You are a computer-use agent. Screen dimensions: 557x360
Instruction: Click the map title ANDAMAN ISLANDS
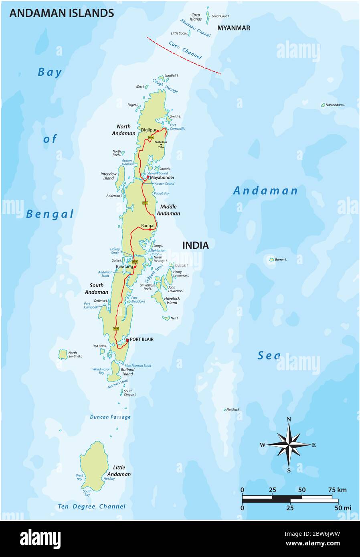pos(61,13)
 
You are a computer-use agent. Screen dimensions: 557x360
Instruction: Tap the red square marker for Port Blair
pos(127,340)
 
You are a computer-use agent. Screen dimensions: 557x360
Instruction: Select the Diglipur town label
pos(148,130)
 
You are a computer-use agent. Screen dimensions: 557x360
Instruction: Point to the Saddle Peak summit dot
pos(161,145)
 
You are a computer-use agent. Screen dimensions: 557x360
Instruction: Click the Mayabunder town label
pos(162,177)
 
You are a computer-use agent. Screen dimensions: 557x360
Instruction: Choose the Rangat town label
pos(148,226)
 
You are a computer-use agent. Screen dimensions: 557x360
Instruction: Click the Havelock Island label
pos(172,301)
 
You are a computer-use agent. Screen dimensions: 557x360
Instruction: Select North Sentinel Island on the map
pos(63,354)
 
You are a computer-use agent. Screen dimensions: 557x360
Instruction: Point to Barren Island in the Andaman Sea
pos(272,260)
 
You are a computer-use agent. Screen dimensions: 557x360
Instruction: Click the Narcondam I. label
pos(335,105)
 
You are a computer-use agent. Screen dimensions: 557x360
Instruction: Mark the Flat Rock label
pos(233,410)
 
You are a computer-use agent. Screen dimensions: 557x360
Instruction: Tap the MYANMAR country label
pos(234,28)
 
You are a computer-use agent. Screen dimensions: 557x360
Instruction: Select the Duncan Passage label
pos(110,417)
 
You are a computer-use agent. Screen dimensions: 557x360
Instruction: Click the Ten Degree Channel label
pos(92,507)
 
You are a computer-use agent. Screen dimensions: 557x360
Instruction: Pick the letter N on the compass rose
pos(289,420)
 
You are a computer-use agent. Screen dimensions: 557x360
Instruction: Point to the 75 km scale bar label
pos(337,490)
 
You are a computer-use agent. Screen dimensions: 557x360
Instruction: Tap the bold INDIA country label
pos(196,245)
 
